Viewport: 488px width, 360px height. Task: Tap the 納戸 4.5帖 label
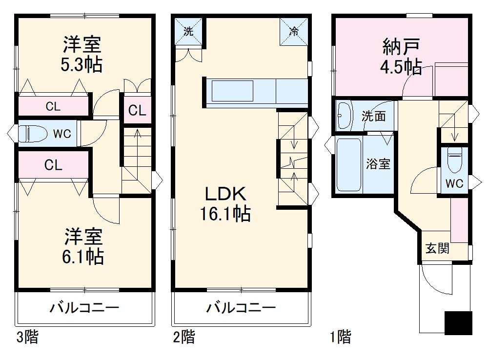coord(401,57)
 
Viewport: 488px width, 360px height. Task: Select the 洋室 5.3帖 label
coord(82,54)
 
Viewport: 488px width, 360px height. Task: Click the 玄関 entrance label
coord(437,248)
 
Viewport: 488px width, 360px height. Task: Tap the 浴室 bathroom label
coord(378,164)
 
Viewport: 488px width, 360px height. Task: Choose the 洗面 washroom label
coord(374,116)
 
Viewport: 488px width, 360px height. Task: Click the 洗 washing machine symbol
coord(188,31)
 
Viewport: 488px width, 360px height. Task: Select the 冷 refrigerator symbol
coord(294,31)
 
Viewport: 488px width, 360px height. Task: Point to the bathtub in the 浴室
coord(348,165)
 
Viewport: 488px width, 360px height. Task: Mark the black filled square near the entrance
coord(458,322)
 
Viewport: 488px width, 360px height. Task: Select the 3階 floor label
coord(27,337)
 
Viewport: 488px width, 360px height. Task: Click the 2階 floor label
coord(184,337)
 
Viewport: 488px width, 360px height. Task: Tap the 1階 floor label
coord(340,337)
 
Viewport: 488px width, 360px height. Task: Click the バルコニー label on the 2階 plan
coord(241,308)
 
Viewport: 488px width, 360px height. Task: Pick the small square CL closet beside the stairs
coord(137,110)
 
